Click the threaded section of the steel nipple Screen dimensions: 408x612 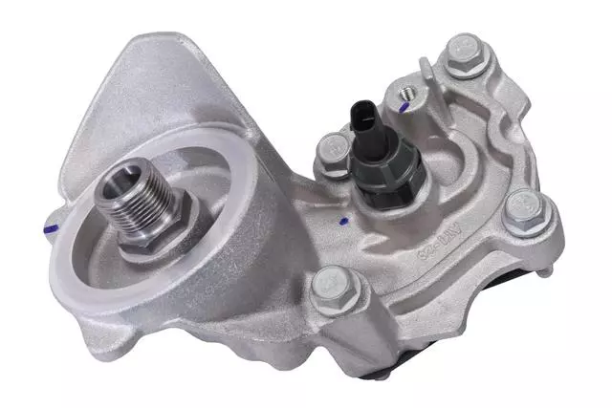tap(143, 197)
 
